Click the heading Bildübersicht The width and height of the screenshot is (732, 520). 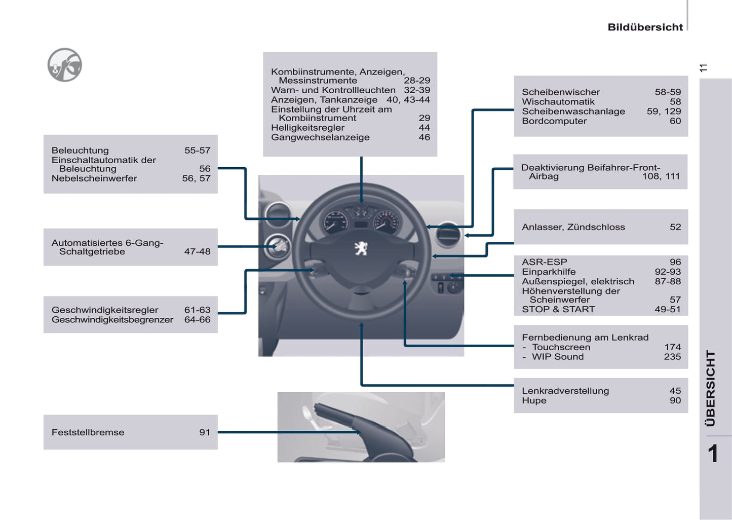645,27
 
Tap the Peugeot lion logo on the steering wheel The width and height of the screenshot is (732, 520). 361,248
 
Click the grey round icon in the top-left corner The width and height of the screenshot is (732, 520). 65,65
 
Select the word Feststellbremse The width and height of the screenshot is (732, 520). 88,432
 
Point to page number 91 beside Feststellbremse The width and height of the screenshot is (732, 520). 204,432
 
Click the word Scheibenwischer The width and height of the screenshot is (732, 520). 561,92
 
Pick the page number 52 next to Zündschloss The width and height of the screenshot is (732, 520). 675,227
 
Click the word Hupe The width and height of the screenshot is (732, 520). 534,400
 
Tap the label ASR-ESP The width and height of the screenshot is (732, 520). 545,262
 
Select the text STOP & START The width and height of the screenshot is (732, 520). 558,309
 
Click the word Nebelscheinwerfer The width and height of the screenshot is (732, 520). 94,178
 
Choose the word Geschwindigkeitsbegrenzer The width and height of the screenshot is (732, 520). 112,320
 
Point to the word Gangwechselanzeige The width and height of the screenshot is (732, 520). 320,137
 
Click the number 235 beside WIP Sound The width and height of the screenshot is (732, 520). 672,357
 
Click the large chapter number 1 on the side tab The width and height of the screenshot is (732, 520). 713,454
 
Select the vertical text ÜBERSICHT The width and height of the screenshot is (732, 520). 711,388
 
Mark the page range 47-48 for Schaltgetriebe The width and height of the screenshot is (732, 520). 197,251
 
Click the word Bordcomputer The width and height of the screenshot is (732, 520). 554,121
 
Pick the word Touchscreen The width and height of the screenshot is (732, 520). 561,347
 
